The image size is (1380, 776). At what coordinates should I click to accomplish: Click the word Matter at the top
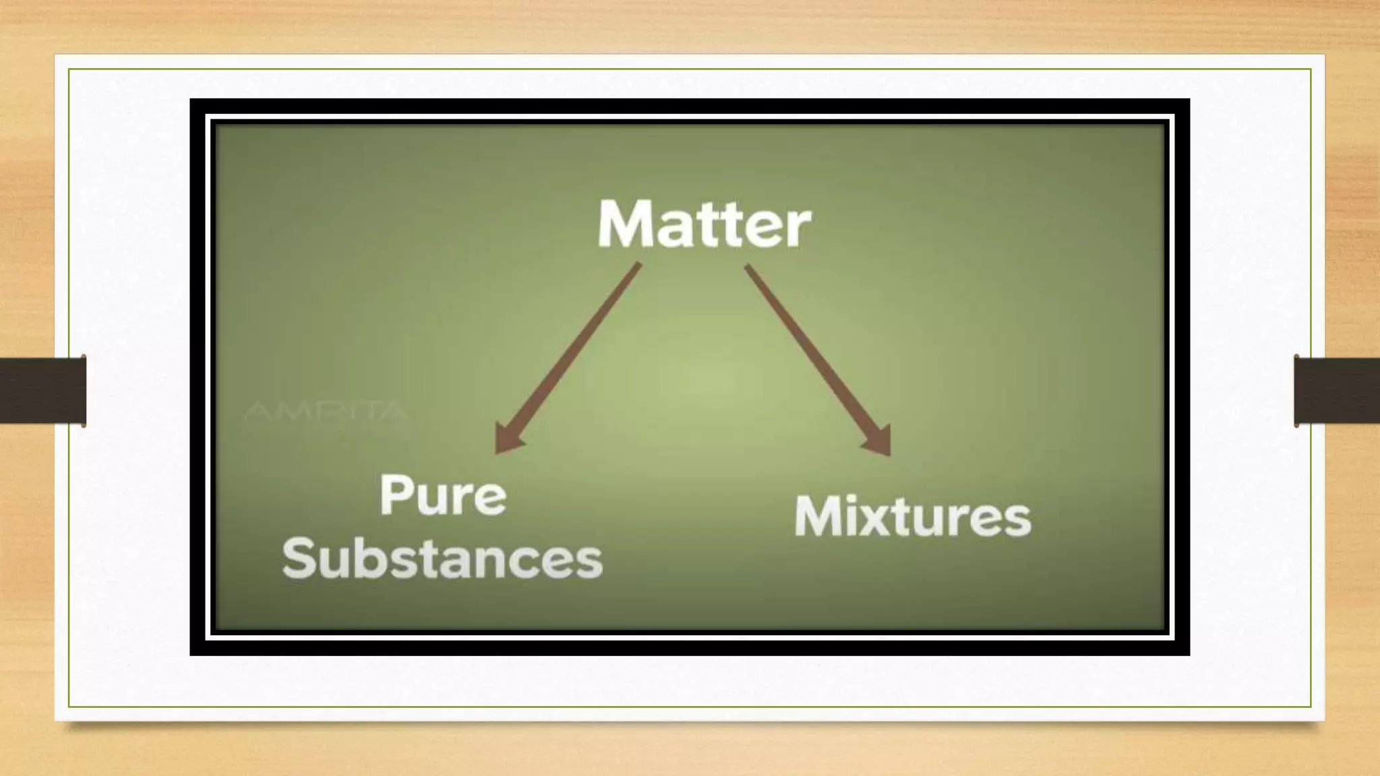(704, 224)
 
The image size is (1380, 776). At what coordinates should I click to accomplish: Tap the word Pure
(443, 496)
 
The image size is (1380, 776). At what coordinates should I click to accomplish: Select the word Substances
(442, 558)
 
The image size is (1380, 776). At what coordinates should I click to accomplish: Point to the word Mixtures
(912, 517)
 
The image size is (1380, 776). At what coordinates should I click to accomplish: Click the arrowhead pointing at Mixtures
(879, 441)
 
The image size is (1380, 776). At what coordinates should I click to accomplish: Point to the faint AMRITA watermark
(325, 411)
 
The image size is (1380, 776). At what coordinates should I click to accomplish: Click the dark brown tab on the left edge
(42, 391)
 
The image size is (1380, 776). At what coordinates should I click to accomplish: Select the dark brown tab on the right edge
(1337, 391)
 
